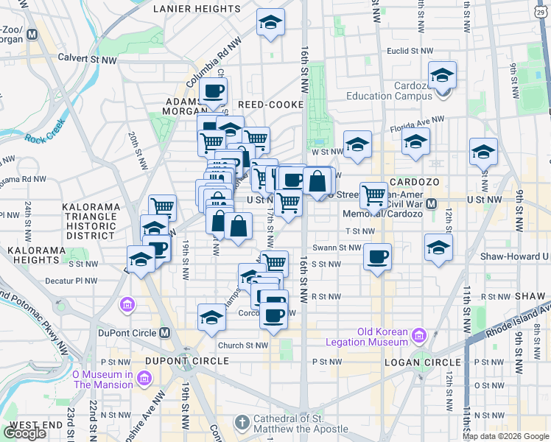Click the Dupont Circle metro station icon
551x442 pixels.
pos(166,332)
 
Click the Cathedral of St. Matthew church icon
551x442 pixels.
pos(241,423)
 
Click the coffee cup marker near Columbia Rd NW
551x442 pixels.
pos(213,92)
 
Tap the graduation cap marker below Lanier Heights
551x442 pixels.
pos(270,24)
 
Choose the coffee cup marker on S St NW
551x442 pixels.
pos(377,258)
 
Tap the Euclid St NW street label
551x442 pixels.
pos(410,51)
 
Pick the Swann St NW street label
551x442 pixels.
pos(337,248)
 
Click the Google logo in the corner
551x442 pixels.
pos(24,432)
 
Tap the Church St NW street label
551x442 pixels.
pos(241,345)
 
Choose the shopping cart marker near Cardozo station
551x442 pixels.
pos(374,195)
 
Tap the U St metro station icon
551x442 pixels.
pos(432,203)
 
